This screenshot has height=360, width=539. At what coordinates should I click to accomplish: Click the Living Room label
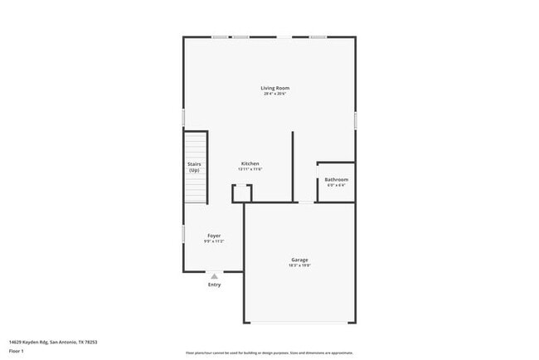pyautogui.click(x=275, y=88)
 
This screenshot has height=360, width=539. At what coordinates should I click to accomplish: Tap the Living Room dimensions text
pyautogui.click(x=275, y=94)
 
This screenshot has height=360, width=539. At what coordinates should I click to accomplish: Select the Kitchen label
pyautogui.click(x=250, y=163)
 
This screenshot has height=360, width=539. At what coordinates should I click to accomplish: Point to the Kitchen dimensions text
pyautogui.click(x=250, y=169)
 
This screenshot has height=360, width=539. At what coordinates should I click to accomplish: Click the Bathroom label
pyautogui.click(x=336, y=179)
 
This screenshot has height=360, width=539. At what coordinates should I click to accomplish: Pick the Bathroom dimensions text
pyautogui.click(x=336, y=185)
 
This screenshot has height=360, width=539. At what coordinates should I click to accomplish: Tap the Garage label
pyautogui.click(x=299, y=260)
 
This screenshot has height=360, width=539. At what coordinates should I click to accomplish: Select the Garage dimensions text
pyautogui.click(x=299, y=265)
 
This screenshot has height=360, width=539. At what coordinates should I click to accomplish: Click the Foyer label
pyautogui.click(x=214, y=236)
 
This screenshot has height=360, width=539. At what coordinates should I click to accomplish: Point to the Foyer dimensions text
pyautogui.click(x=214, y=241)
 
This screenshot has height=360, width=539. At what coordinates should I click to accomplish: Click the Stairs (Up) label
pyautogui.click(x=194, y=167)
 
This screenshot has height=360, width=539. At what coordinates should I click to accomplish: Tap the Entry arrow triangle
pyautogui.click(x=214, y=276)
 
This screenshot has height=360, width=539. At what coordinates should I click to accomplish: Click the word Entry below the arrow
pyautogui.click(x=214, y=285)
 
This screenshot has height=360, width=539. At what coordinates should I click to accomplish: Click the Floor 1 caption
pyautogui.click(x=16, y=351)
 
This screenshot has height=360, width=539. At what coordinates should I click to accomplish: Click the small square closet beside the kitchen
pyautogui.click(x=241, y=193)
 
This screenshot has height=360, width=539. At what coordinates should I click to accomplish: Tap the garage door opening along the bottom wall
pyautogui.click(x=299, y=323)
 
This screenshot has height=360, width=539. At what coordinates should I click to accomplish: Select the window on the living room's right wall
pyautogui.click(x=356, y=120)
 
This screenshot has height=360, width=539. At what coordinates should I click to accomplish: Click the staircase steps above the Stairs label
pyautogui.click(x=196, y=145)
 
